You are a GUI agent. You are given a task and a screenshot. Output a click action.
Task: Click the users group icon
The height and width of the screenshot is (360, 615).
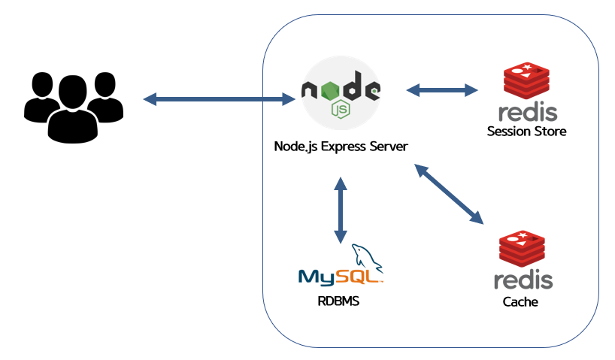point(74,107)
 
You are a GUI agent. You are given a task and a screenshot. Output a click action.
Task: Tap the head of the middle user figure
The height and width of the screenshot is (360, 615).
point(73,92)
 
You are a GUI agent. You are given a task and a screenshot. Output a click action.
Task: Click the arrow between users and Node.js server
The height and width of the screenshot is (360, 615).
point(220,98)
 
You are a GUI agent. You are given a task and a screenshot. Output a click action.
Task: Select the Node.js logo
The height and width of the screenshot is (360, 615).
point(341,93)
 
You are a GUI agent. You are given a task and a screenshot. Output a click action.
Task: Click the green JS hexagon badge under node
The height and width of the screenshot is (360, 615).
point(341,110)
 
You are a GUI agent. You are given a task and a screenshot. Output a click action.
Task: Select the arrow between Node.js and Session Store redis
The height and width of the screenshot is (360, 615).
point(442,89)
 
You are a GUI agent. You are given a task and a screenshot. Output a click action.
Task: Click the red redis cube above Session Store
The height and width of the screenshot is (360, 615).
point(526,80)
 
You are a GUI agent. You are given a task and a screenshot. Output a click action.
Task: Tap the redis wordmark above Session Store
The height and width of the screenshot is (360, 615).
point(528,112)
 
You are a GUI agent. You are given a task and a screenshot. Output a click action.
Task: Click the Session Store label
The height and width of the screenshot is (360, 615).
point(527,131)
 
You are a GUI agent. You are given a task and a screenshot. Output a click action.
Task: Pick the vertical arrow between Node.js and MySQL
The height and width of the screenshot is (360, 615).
point(341,210)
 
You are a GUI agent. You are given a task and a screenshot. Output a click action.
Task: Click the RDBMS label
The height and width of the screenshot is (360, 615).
point(338,301)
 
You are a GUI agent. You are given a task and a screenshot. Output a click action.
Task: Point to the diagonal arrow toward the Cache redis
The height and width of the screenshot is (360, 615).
point(449,194)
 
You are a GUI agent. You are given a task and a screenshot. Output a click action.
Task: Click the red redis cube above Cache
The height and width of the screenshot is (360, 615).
point(522,249)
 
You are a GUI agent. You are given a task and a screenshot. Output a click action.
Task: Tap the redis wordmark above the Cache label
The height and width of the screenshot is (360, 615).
point(523,280)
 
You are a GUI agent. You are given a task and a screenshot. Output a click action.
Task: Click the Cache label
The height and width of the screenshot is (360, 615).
point(520,301)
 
